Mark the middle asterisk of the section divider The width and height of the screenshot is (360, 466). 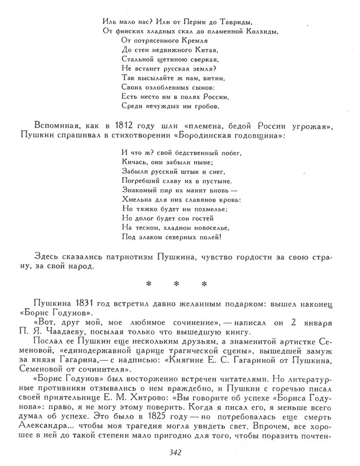click(175, 285)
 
